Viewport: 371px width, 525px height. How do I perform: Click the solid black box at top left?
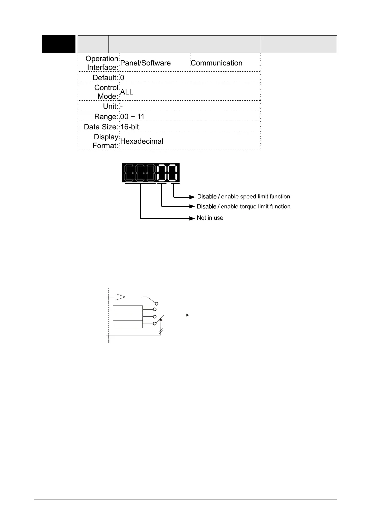click(x=59, y=44)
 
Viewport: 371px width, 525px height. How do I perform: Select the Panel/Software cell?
click(x=145, y=63)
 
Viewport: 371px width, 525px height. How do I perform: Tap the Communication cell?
click(x=216, y=63)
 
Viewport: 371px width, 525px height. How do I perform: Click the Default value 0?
click(x=122, y=77)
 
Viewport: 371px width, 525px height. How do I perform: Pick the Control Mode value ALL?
click(x=127, y=92)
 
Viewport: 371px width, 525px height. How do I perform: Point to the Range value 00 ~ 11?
click(x=132, y=117)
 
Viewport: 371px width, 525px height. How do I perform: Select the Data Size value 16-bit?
click(x=130, y=127)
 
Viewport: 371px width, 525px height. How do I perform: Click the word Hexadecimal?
click(x=142, y=141)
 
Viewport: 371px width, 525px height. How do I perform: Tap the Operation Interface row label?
click(x=102, y=63)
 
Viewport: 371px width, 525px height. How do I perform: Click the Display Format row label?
click(x=106, y=141)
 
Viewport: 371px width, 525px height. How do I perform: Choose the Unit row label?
click(x=110, y=106)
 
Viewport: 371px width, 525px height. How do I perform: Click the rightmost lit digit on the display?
click(x=173, y=173)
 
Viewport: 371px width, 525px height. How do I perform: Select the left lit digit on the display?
click(x=162, y=173)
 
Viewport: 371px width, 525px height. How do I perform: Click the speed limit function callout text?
click(x=243, y=197)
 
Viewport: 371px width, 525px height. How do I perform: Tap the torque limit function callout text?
click(x=243, y=207)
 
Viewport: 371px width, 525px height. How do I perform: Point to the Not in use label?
click(x=210, y=218)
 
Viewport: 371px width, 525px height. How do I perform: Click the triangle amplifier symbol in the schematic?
click(x=120, y=297)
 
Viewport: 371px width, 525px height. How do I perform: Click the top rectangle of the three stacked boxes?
click(x=128, y=309)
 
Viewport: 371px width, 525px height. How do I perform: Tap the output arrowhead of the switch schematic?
click(x=188, y=315)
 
